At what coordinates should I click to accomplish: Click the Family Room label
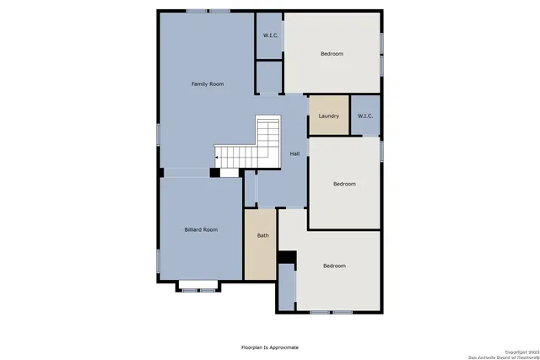pos(207,84)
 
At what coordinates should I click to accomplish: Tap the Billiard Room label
pos(202,229)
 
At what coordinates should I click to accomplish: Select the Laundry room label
pos(328,116)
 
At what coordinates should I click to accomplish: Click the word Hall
pos(294,153)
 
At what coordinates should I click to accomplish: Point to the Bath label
pos(262,235)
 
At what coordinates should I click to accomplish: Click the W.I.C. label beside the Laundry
pos(364,116)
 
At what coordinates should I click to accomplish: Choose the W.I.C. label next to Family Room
pos(270,35)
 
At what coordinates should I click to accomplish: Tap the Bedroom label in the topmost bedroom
pos(332,54)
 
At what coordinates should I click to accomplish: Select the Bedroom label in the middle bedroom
pos(344,184)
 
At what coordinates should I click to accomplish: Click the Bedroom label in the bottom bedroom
pos(334,266)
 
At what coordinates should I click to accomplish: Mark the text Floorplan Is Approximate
pos(270,347)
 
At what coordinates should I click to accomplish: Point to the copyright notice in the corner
pos(506,353)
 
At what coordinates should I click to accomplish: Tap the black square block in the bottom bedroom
pos(287,256)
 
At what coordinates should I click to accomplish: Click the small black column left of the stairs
pos(214,173)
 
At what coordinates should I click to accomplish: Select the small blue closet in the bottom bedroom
pos(287,287)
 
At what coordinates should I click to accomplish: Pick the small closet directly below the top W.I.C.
pos(269,78)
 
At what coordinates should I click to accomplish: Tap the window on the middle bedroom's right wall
pos(381,149)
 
